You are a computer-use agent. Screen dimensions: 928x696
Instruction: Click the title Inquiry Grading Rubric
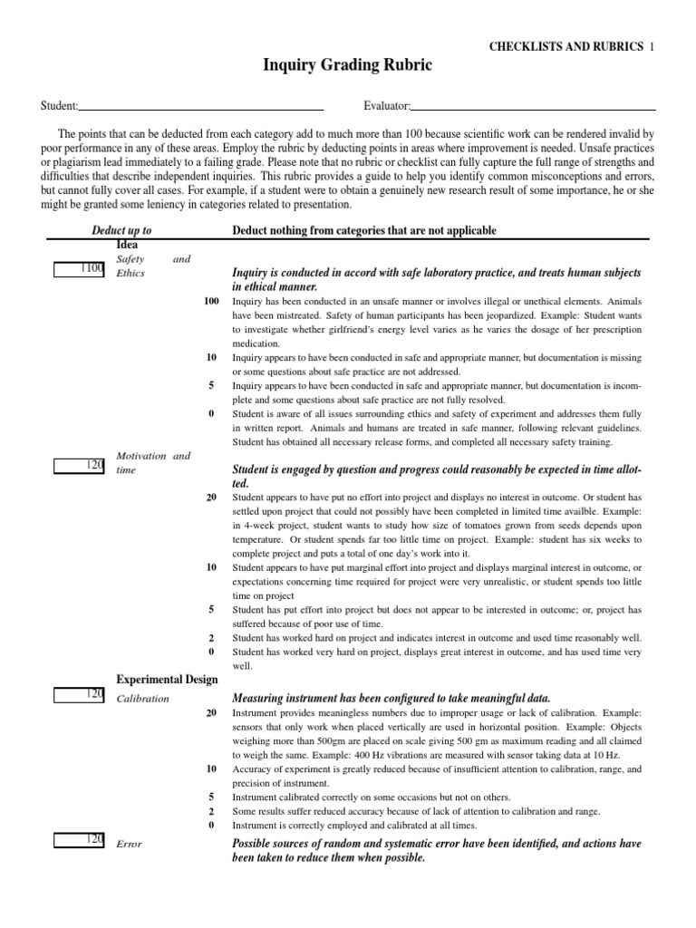click(x=347, y=65)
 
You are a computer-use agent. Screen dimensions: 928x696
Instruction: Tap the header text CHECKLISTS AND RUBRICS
click(x=565, y=45)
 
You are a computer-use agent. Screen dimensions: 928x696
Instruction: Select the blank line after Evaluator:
click(x=534, y=107)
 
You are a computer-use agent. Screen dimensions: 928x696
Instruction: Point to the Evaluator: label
click(x=387, y=106)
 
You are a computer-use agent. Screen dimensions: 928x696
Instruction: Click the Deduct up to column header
click(x=121, y=230)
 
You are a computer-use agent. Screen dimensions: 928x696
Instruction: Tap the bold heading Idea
click(x=127, y=245)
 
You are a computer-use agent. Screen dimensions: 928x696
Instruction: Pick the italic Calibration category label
click(x=143, y=699)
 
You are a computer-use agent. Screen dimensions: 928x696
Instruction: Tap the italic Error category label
click(x=130, y=845)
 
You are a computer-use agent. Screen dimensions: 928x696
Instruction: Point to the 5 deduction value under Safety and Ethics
click(x=211, y=384)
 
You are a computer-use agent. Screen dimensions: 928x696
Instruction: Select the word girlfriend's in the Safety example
click(x=376, y=329)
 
